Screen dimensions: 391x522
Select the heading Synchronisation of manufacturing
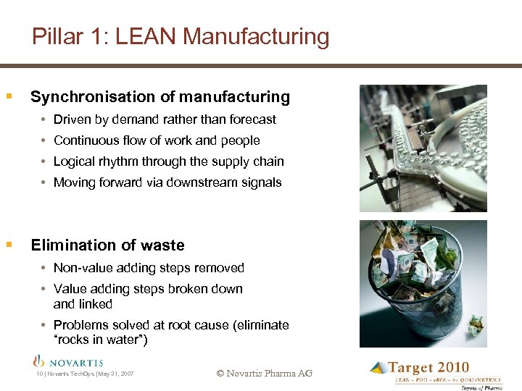[159, 97]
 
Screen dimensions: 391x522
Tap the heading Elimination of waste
[107, 245]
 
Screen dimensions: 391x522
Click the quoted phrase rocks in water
[101, 340]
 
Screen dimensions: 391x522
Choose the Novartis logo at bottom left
[69, 362]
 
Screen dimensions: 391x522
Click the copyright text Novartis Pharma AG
[264, 374]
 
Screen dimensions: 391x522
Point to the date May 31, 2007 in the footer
[116, 374]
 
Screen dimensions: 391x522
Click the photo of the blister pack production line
[423, 148]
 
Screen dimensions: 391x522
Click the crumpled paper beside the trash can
[476, 324]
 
